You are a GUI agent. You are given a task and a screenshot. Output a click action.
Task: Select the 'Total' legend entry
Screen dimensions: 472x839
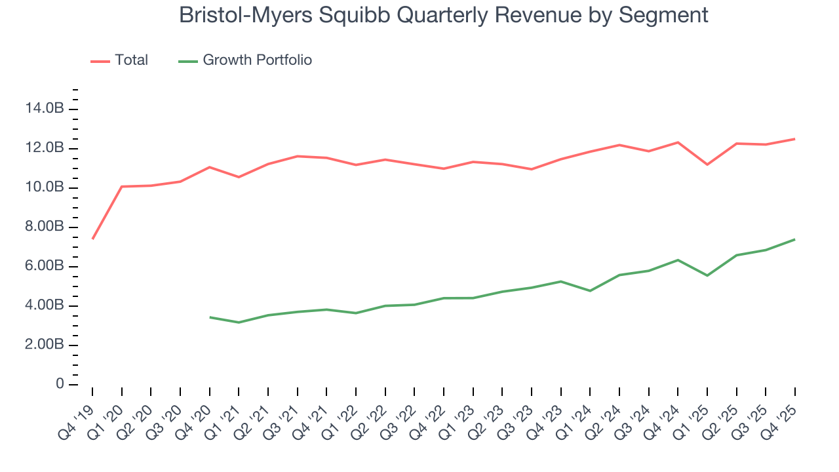131,60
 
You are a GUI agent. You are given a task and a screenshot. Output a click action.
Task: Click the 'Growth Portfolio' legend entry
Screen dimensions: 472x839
257,60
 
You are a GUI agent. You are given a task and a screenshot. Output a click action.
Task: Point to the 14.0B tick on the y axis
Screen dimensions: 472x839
45,109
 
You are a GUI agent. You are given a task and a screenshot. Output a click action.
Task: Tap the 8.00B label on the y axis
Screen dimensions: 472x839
45,227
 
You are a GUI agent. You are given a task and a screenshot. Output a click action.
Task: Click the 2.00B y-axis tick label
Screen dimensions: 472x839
45,345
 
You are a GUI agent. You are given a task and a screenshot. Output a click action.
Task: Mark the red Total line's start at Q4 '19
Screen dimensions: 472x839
92,239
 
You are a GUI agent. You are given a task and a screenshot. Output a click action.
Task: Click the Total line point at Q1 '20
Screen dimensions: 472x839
122,186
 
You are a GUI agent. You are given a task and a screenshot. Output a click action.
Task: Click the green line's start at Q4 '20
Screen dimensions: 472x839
210,317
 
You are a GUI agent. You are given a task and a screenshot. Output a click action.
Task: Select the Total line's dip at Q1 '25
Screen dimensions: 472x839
707,164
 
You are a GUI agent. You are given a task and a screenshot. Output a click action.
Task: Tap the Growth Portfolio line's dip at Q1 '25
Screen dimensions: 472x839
707,275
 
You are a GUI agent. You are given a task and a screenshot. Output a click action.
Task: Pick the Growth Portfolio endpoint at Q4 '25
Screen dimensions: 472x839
795,239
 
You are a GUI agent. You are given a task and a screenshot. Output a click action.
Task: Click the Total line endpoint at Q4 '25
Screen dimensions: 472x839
795,138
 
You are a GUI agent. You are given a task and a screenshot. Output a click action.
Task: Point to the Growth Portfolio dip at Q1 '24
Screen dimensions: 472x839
590,290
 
